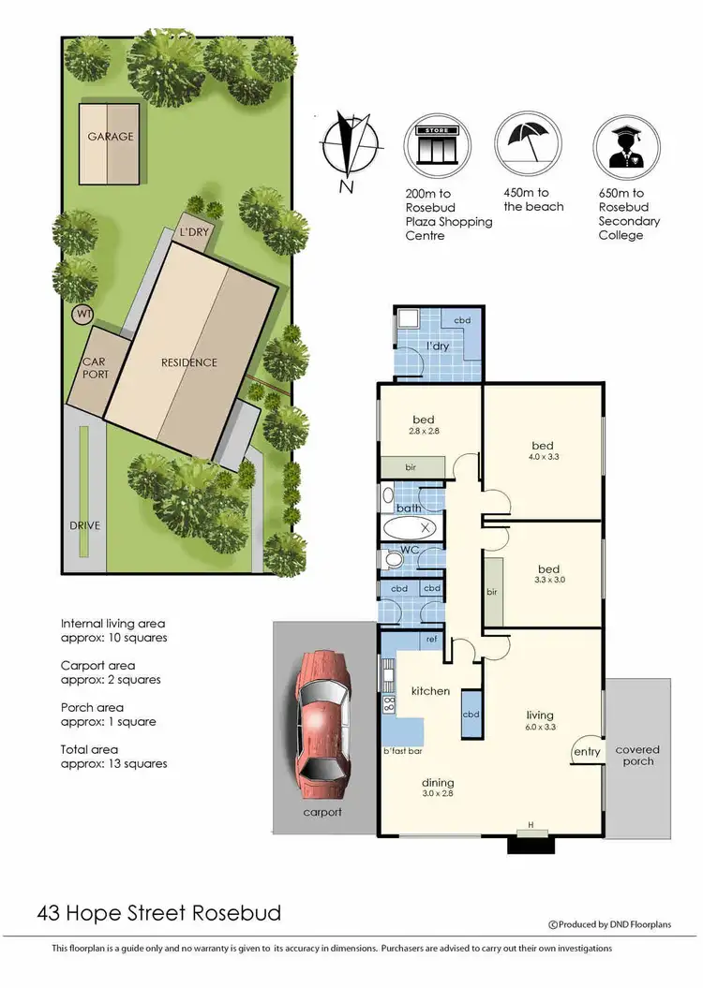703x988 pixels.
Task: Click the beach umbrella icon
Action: point(529,144)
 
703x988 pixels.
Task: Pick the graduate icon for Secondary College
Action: point(627,146)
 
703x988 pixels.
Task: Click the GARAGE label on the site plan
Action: point(111,137)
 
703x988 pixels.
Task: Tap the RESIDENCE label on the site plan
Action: point(188,362)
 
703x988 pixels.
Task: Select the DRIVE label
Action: point(83,525)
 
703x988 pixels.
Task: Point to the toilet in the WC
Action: point(391,559)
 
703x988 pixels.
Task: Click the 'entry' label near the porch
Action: point(586,751)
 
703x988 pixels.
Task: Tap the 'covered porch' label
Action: point(637,756)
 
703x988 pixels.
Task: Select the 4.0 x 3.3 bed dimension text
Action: point(543,458)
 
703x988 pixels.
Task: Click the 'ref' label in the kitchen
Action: point(432,640)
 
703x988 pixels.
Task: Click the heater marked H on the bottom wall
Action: point(531,825)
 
